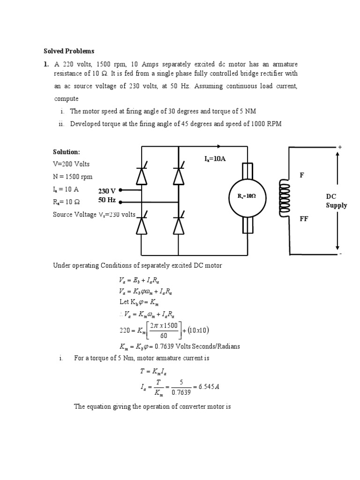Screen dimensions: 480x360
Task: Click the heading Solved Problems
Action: coord(69,51)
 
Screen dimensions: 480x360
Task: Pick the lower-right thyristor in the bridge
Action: coord(178,225)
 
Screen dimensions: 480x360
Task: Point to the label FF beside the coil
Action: coord(304,219)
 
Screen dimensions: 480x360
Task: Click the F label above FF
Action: coord(302,175)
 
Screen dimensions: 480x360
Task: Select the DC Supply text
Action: coord(337,201)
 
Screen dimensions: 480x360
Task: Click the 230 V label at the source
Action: coord(107,191)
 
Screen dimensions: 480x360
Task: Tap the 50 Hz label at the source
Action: coord(107,200)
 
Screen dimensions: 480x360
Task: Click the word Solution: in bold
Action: coord(67,152)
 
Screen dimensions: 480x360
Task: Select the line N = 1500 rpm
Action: coord(73,177)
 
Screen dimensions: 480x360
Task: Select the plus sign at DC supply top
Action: coord(340,147)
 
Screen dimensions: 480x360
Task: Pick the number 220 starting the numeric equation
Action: coord(127,330)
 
